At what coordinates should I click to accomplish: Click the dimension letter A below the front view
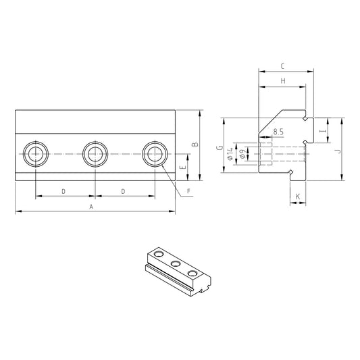coord(91,207)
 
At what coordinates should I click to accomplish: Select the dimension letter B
coord(195,145)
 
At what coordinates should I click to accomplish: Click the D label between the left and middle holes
coord(63,192)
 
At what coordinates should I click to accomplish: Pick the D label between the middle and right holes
coord(123,192)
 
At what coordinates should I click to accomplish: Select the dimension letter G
coord(220,148)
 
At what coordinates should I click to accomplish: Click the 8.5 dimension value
coord(278,132)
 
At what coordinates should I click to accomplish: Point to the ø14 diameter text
coord(231,154)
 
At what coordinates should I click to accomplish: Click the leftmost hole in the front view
coord(34,155)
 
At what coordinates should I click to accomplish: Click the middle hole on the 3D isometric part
coord(176,263)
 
